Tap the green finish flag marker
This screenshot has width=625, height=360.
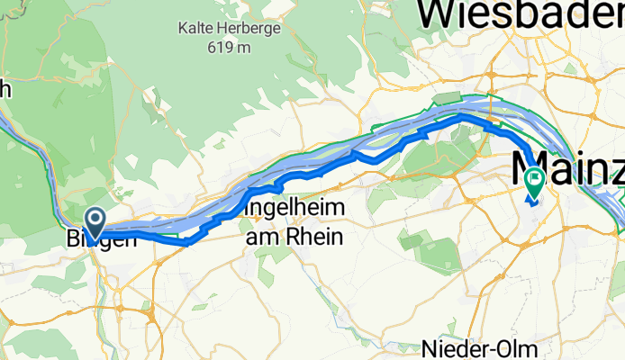534,183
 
